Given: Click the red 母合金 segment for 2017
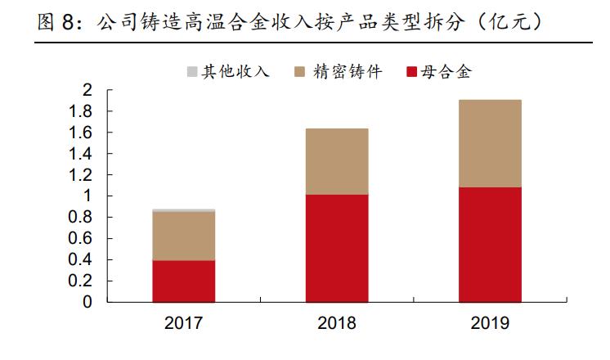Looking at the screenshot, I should [184, 281].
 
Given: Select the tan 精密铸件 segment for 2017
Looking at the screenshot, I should [184, 236].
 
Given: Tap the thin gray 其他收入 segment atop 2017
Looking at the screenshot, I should [184, 210].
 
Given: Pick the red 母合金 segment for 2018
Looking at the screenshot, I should [337, 248].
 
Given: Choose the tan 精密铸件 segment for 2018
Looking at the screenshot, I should [337, 161].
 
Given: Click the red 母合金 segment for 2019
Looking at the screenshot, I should [490, 245].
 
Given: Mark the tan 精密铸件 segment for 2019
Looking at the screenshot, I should [490, 143].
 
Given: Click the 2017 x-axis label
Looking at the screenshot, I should [184, 323].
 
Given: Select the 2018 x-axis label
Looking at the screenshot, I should [337, 323].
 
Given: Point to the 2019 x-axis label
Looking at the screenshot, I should [490, 323].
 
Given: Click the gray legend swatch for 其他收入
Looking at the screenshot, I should [193, 72].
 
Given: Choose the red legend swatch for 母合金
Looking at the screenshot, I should [411, 72].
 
